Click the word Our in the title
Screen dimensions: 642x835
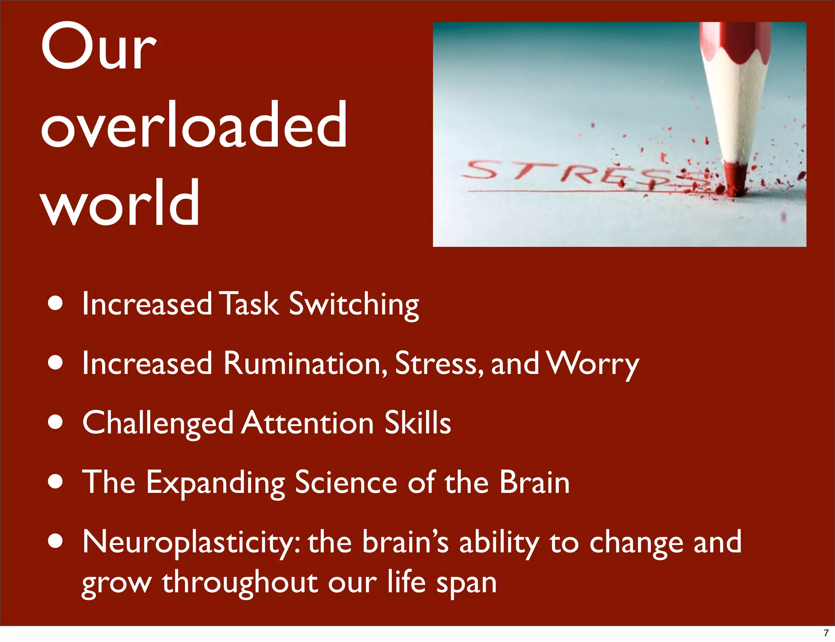pyautogui.click(x=99, y=47)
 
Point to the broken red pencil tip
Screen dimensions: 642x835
pyautogui.click(x=736, y=179)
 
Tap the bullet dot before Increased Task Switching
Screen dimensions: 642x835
pyautogui.click(x=55, y=303)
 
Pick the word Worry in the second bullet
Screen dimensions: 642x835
pyautogui.click(x=593, y=364)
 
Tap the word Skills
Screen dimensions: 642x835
pyautogui.click(x=417, y=422)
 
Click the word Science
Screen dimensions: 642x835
pyautogui.click(x=346, y=482)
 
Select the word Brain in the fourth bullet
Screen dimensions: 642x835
pyautogui.click(x=535, y=482)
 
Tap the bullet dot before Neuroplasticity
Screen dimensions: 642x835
pyautogui.click(x=55, y=542)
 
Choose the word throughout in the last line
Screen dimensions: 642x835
pyautogui.click(x=240, y=583)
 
